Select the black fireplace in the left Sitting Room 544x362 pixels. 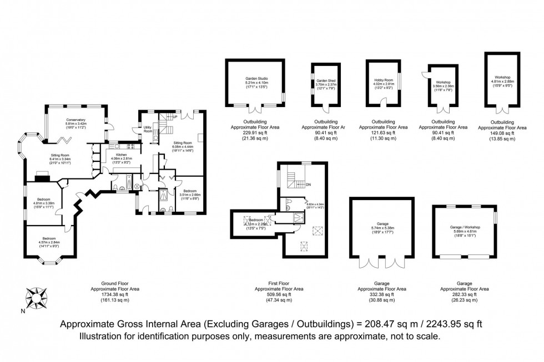42,177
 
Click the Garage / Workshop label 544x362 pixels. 465,227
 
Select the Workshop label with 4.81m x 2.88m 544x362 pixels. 502,77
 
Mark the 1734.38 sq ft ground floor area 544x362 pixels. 115,294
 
